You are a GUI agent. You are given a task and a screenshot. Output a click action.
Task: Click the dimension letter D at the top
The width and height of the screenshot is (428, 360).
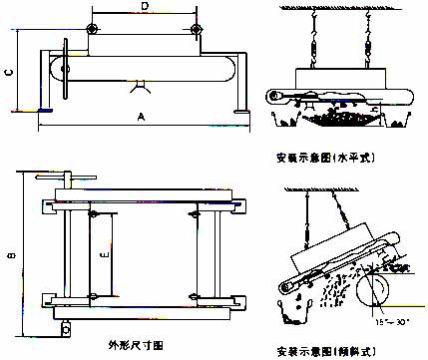145,8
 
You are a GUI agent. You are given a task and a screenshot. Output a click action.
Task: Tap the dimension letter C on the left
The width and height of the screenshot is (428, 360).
9,72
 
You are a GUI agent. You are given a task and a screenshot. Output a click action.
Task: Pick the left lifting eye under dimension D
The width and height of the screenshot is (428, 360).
92,27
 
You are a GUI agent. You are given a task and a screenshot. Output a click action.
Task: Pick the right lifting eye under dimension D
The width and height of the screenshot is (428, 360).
198,27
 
